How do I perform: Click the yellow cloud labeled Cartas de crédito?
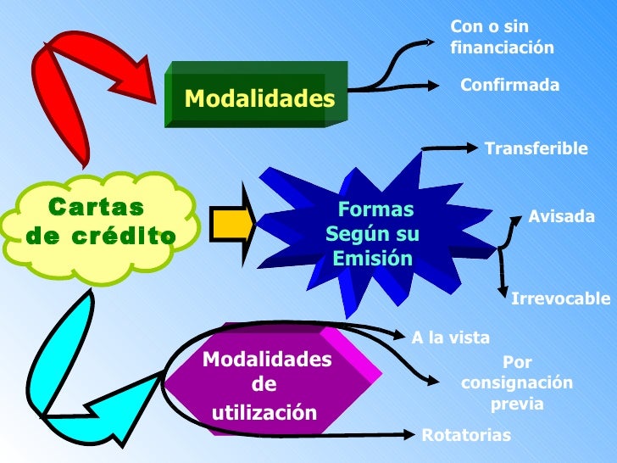coord(100,222)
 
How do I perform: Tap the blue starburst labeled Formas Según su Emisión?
coord(373,233)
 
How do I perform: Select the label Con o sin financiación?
coord(502,38)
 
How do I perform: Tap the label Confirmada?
coord(509,86)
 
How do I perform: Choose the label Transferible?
coord(536,149)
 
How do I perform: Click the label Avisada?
coord(561,216)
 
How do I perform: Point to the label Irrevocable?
coord(560,298)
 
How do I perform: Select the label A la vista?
coord(450,338)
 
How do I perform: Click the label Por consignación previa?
coord(517,383)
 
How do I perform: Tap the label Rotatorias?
coord(466,436)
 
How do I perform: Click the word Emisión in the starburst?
coord(372,256)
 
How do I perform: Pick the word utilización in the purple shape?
coord(264,413)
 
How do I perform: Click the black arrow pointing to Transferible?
coord(449,148)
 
